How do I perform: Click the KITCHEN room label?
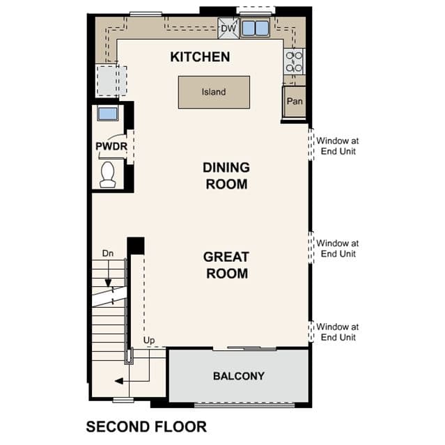[x=200, y=57]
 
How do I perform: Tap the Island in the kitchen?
[x=214, y=92]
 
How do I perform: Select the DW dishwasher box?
[x=228, y=28]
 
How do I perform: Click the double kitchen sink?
[x=255, y=28]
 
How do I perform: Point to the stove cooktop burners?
[x=294, y=61]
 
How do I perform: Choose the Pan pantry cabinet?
[x=295, y=102]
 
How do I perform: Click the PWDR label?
[x=111, y=146]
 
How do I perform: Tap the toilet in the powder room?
[x=108, y=175]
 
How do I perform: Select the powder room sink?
[x=107, y=114]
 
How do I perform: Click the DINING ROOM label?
[x=226, y=175]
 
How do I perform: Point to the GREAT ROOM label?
[x=226, y=265]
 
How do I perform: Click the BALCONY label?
[x=239, y=376]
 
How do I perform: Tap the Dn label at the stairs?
[x=108, y=253]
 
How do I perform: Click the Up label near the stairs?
[x=149, y=341]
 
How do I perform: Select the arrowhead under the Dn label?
[x=108, y=283]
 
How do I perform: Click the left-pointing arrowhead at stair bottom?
[x=119, y=381]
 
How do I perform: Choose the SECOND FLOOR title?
[x=146, y=427]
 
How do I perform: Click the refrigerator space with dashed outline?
[x=111, y=81]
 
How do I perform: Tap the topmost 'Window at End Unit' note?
[x=338, y=146]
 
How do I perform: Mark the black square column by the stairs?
[x=136, y=246]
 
